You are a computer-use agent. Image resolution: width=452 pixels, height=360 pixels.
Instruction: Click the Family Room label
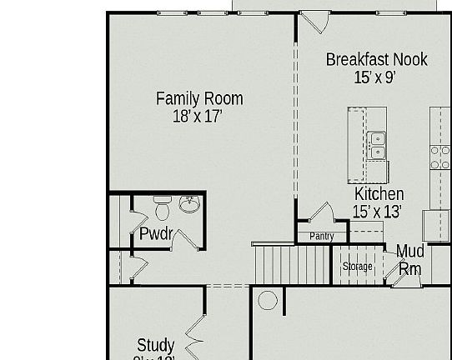coord(199,98)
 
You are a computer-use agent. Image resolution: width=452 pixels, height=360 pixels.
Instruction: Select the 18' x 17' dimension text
coord(198,117)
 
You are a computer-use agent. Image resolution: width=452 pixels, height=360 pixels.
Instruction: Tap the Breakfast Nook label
coord(376,59)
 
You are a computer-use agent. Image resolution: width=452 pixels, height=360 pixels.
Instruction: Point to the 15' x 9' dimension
coord(374,77)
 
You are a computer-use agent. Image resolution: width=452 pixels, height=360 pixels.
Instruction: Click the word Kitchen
coord(379,194)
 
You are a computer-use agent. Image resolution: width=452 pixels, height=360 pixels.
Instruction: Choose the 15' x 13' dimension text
coord(377,212)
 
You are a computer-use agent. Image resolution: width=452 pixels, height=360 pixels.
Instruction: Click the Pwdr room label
coord(155,234)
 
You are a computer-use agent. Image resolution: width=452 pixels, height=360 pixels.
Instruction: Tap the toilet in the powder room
coord(163,205)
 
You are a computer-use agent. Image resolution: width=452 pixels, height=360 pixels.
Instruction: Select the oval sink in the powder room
coord(190,204)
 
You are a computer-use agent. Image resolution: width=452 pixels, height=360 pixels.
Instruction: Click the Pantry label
coord(321,237)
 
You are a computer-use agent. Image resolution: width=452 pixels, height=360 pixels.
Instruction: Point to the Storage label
coord(358,267)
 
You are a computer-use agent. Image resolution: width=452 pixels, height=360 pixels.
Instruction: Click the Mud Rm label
coord(409,260)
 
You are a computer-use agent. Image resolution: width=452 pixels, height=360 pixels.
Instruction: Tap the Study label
coord(156,345)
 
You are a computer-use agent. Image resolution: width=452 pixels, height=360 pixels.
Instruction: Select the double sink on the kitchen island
coord(378,145)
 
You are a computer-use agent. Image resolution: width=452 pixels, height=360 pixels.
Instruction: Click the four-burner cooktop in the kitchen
coord(439,157)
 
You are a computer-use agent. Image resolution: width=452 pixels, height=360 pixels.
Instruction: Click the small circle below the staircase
coord(267,300)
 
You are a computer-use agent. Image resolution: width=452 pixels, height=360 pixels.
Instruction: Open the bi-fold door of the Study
coord(195,337)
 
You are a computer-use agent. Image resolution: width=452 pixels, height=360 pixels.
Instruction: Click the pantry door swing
coord(320,213)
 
